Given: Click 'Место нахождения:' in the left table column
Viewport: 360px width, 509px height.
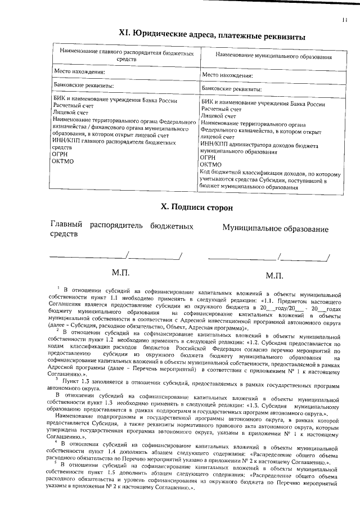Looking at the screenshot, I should [x=79, y=72].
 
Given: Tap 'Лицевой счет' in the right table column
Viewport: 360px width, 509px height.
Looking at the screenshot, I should [x=215, y=116].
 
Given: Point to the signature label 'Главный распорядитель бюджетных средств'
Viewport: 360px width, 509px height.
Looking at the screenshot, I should [x=122, y=229].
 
